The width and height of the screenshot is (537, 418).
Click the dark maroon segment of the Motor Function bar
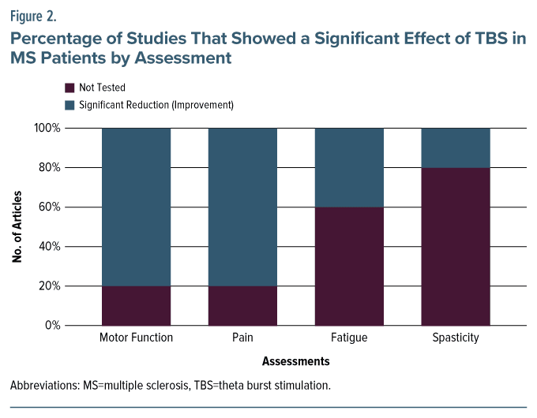coord(136,305)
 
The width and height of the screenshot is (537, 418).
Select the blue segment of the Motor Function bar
coord(136,207)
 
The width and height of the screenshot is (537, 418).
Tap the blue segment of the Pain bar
coord(242,207)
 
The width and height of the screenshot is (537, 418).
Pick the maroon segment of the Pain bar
coord(242,305)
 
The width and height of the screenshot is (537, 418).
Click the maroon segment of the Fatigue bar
coord(349,266)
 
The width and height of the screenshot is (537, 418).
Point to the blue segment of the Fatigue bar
coord(349,167)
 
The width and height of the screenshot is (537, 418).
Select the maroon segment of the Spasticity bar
coord(456,246)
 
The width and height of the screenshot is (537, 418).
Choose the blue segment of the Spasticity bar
coord(456,147)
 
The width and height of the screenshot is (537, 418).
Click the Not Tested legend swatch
coord(69,88)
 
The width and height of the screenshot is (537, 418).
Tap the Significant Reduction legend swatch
coord(69,104)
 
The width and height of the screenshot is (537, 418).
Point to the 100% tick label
coord(47,128)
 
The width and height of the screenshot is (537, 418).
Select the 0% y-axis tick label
coord(53,325)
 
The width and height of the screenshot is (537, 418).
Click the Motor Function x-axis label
coord(136,338)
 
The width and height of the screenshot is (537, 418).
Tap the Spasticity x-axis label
coord(456,338)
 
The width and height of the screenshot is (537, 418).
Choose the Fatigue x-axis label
coord(349,338)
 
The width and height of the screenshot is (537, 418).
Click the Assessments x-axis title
coord(295,361)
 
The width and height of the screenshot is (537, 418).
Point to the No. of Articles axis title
coord(17,226)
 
